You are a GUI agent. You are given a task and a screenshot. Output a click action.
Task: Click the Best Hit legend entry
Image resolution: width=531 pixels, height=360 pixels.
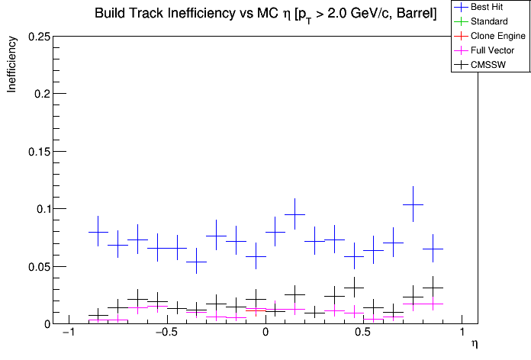(484, 7)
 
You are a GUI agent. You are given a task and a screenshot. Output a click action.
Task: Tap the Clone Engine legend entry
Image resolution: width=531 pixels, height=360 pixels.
(492, 36)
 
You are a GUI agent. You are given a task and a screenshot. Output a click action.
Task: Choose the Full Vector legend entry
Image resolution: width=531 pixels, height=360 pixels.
(489, 50)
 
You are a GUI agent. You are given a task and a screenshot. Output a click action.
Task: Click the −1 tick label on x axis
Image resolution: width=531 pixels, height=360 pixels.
(67, 334)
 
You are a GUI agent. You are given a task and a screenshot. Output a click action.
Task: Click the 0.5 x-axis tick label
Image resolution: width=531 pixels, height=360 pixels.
(364, 334)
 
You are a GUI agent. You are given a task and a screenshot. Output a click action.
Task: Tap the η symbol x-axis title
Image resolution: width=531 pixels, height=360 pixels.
(474, 345)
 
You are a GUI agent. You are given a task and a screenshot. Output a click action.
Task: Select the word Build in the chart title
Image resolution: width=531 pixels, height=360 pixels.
(111, 14)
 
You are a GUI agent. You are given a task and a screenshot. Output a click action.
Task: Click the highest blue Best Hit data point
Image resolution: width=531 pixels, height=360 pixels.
(413, 204)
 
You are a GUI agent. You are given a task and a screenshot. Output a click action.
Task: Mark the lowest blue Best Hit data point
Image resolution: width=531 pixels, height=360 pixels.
(197, 261)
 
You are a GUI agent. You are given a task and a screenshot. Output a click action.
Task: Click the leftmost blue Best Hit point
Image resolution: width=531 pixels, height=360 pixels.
(98, 232)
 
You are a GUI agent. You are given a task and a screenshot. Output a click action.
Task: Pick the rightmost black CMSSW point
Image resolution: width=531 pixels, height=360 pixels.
(433, 288)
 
